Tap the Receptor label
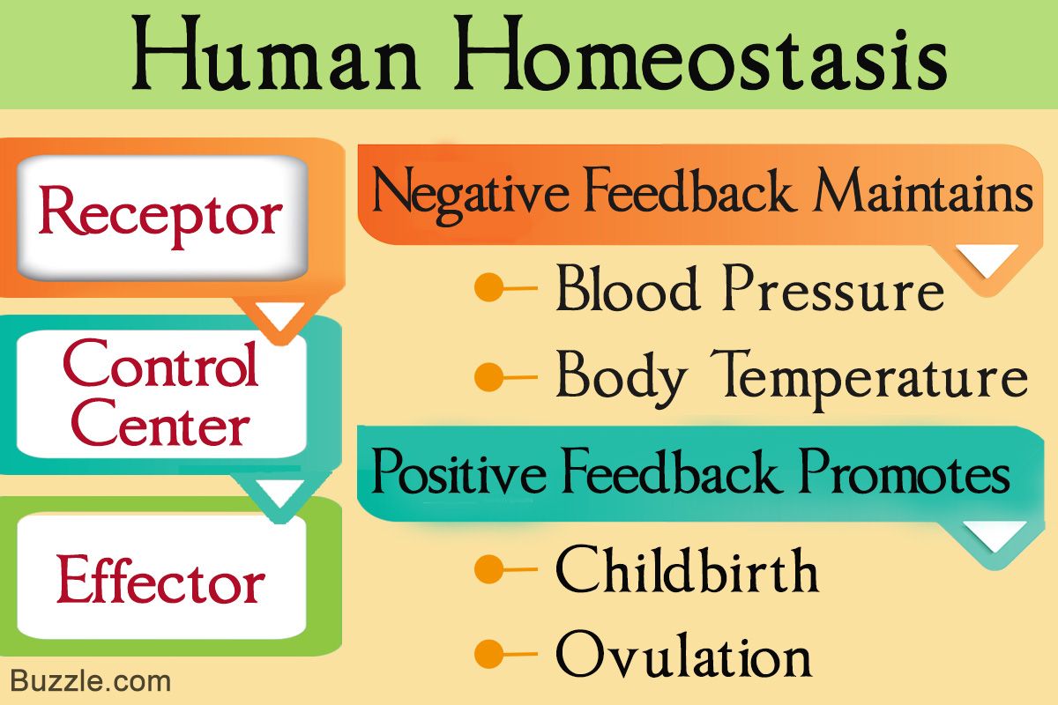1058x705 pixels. point(160,217)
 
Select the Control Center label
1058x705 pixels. point(160,393)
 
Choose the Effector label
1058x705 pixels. point(160,578)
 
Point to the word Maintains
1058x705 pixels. point(923,192)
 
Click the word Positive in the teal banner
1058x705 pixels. point(458,471)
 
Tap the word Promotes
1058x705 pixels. point(904,471)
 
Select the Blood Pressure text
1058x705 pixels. point(750,288)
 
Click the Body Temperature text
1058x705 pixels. point(792,381)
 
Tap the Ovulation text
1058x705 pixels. point(683,655)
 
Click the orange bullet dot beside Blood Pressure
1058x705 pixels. point(488,287)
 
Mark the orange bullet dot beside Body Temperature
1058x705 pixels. point(488,377)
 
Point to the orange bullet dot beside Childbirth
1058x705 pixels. point(488,569)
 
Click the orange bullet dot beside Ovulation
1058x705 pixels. point(488,655)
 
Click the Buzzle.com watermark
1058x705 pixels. point(90,681)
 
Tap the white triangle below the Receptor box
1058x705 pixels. point(280,313)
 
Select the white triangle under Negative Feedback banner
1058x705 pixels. point(987,258)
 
